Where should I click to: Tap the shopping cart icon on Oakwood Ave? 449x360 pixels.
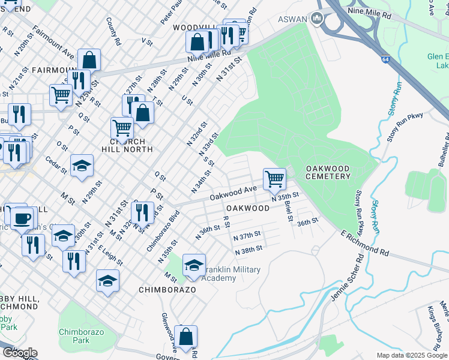pos(274,178)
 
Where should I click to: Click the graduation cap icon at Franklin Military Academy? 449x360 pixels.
pos(194,265)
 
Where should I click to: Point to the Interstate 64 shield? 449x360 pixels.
pos(384,59)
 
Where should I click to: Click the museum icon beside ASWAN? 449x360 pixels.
pos(317,20)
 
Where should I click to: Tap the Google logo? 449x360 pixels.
pos(20,353)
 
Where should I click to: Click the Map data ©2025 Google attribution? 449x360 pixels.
pos(412,355)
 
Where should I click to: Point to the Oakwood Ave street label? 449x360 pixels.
pos(234,193)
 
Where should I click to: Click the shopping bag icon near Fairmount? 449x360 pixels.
pos(89,60)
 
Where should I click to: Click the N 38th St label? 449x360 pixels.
pos(249,250)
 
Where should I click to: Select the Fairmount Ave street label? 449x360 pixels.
pos(55,41)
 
